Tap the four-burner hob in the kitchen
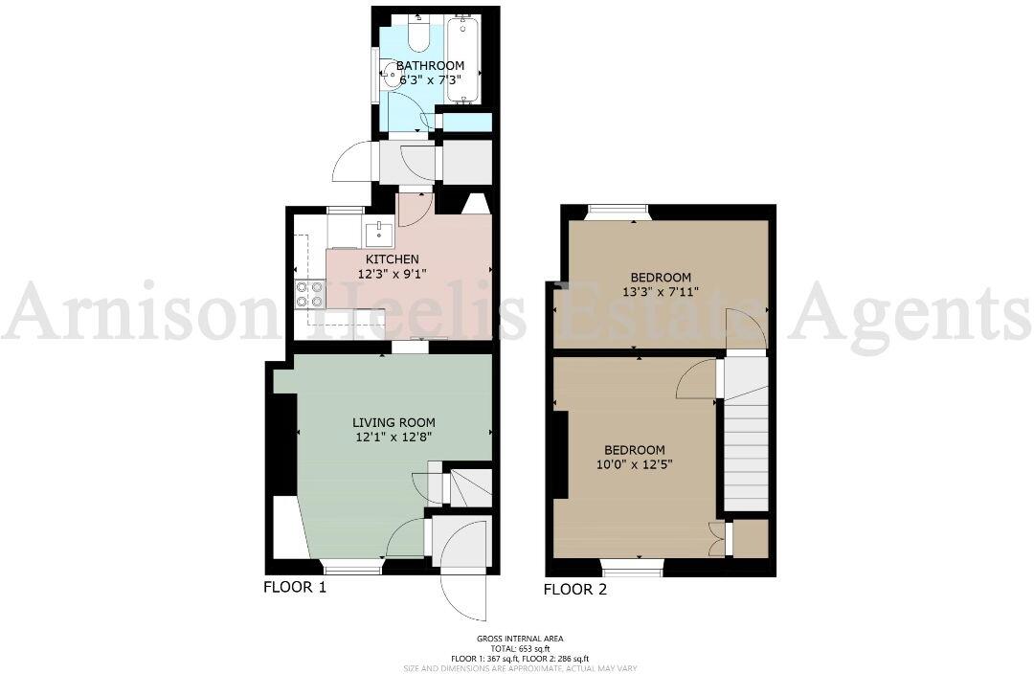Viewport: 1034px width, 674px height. [308, 294]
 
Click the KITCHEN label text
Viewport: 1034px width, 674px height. [392, 258]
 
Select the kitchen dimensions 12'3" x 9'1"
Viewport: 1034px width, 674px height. [392, 273]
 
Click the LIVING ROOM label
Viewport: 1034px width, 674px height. [393, 422]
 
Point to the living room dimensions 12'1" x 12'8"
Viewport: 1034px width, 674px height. [393, 438]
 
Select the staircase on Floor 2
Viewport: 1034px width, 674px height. [746, 436]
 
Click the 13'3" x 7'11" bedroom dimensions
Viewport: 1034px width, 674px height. [663, 291]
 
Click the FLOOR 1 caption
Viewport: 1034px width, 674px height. [295, 587]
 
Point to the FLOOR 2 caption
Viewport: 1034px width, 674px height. [575, 589]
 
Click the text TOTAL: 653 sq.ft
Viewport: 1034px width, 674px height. [520, 648]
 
